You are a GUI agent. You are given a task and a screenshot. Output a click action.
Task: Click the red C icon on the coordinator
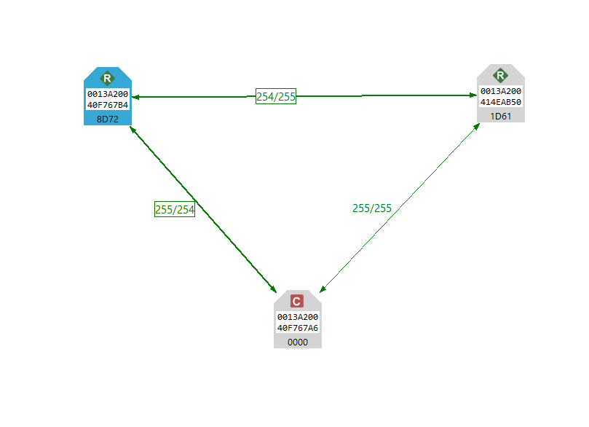coord(297,301)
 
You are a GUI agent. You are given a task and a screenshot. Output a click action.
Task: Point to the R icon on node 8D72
coord(107,78)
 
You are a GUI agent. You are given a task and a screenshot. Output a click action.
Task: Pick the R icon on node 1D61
coord(500,75)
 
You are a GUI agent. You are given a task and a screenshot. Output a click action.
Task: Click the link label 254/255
coord(276,96)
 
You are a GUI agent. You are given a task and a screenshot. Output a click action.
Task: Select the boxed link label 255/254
coord(175,209)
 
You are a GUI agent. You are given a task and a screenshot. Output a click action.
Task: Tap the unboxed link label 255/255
coord(372,208)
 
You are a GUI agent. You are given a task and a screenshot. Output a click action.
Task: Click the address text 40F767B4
coord(108,105)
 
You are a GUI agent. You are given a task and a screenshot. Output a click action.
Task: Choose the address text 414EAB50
coord(500,102)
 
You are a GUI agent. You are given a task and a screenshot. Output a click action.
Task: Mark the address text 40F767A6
coord(297,328)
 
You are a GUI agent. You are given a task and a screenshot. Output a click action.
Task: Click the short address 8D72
coord(107,118)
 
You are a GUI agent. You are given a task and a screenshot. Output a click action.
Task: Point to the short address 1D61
coord(500,115)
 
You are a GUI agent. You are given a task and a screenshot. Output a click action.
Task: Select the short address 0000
coord(297,341)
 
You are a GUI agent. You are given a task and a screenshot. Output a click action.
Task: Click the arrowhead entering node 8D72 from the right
coord(135,96)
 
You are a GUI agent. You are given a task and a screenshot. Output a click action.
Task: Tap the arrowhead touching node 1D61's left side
coord(472,95)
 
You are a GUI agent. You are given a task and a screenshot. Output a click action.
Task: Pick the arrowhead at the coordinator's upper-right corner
coord(322,289)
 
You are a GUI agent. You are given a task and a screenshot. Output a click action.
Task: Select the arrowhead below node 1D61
coord(476,127)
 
